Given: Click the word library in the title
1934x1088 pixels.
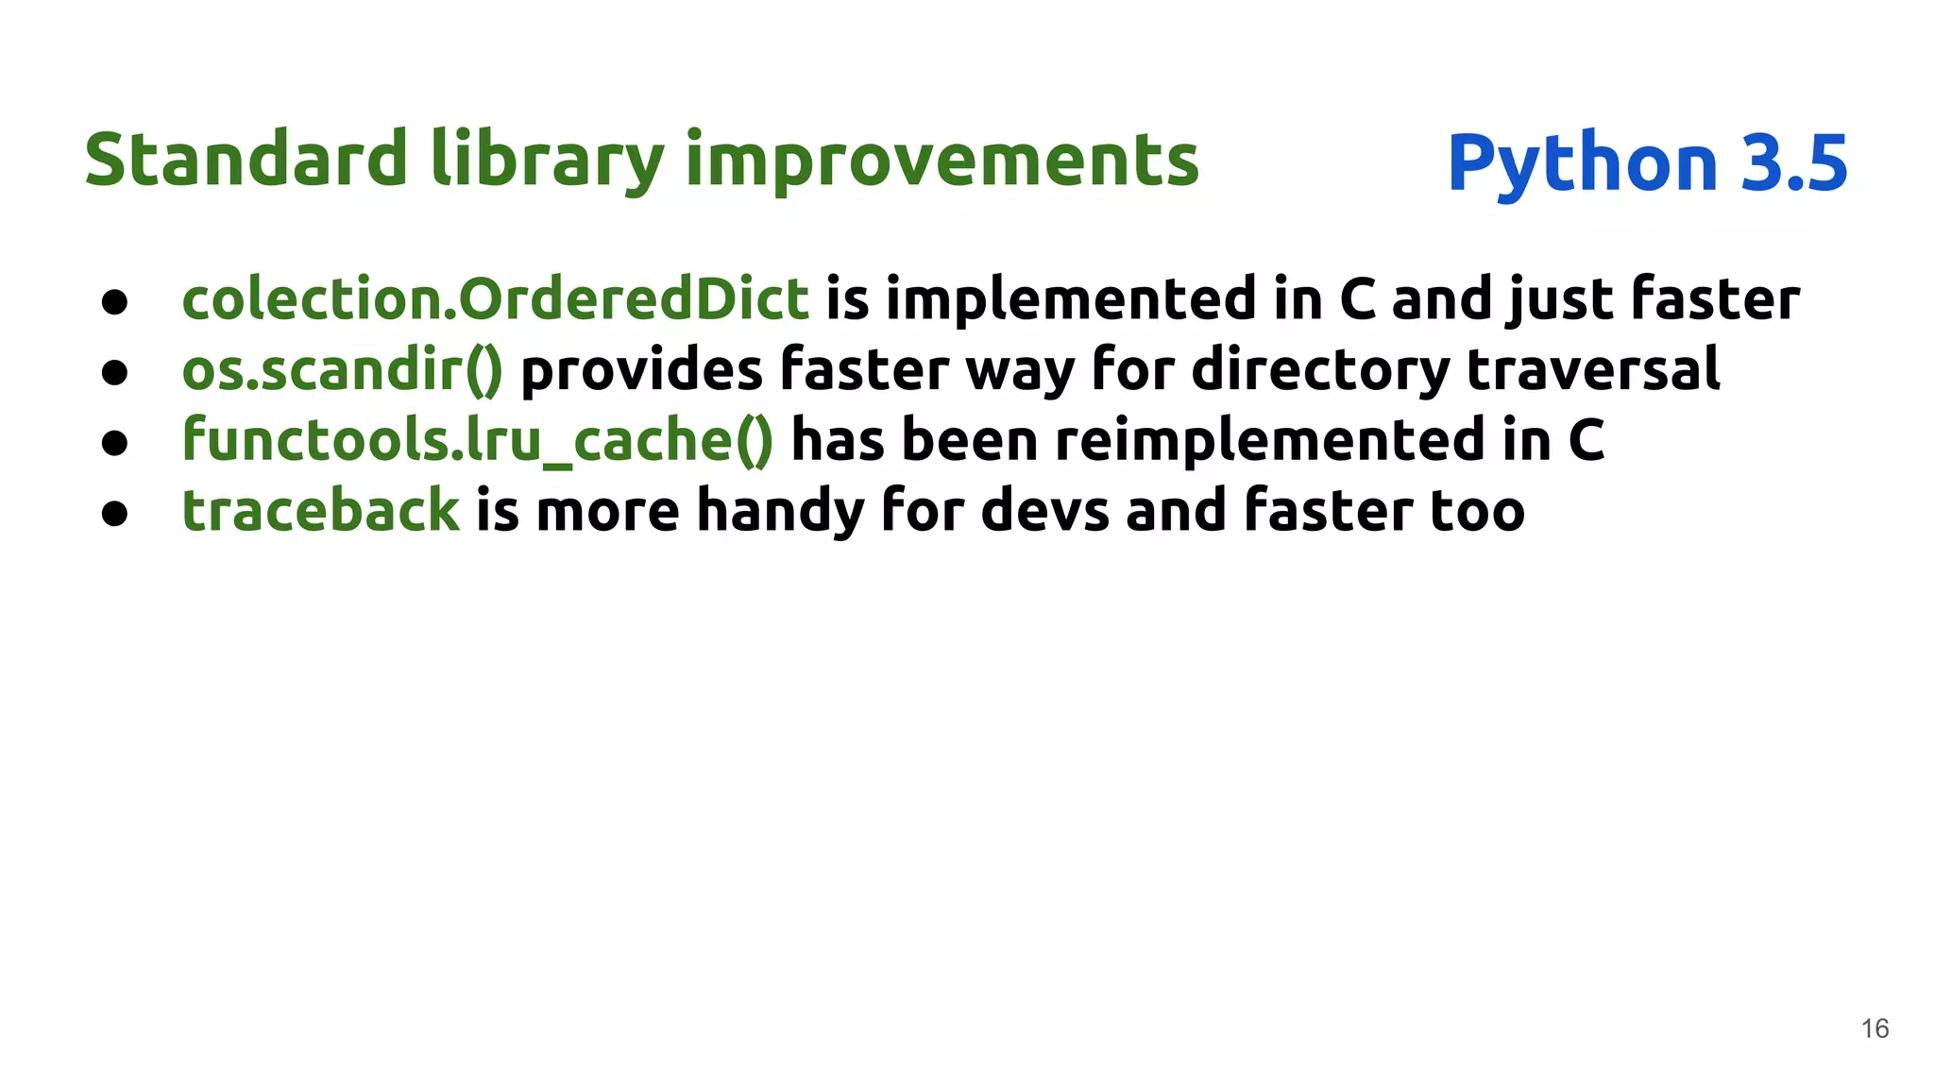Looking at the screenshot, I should pyautogui.click(x=548, y=161).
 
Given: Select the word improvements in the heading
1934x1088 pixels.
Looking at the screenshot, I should pyautogui.click(x=942, y=161).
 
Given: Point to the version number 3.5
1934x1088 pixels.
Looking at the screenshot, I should pyautogui.click(x=1793, y=162).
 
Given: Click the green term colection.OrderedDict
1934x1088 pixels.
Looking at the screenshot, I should pyautogui.click(x=495, y=298).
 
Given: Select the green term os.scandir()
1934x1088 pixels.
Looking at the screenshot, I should pyautogui.click(x=342, y=369).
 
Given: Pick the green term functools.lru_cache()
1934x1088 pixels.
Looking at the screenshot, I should pyautogui.click(x=477, y=440).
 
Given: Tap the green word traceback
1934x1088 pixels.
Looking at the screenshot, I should pyautogui.click(x=320, y=511).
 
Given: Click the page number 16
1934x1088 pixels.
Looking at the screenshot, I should pyautogui.click(x=1875, y=1028).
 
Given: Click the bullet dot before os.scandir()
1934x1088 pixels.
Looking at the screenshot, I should pyautogui.click(x=114, y=373).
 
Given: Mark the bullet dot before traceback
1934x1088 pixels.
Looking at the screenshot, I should pyautogui.click(x=114, y=515).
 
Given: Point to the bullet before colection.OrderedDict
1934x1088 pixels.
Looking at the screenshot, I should pyautogui.click(x=114, y=302).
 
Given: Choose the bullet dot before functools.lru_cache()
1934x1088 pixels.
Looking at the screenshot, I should pyautogui.click(x=114, y=444).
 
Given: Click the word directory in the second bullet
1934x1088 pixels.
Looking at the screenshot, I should pyautogui.click(x=1319, y=369).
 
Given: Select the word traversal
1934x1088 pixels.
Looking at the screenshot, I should pyautogui.click(x=1593, y=369).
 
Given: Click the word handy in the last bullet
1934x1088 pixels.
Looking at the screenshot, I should pyautogui.click(x=780, y=511).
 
